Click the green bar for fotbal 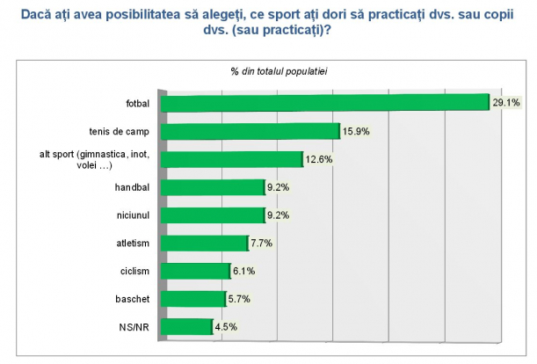[x=325, y=103]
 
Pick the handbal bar [x=214, y=187]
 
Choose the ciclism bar [x=197, y=271]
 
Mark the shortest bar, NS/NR [x=188, y=327]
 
